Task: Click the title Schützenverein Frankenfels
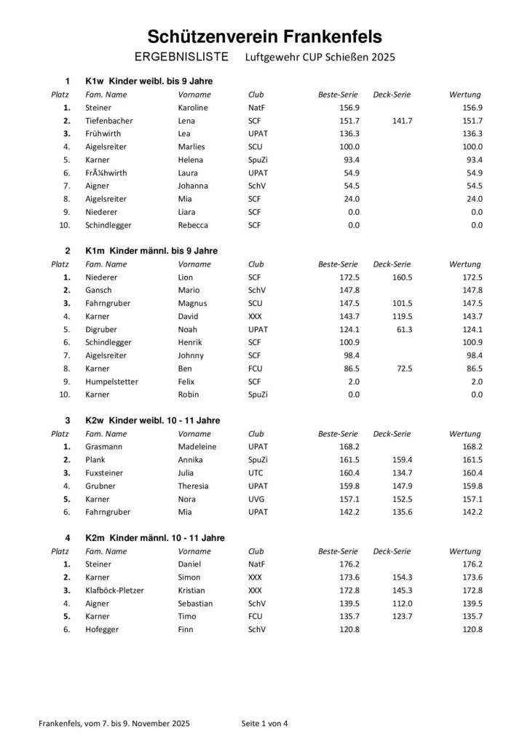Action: (264, 36)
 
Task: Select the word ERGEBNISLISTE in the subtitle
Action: (182, 57)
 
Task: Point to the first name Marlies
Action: (191, 147)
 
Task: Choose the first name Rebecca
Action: (193, 225)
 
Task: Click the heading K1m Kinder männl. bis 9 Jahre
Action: (151, 250)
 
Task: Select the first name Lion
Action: (186, 277)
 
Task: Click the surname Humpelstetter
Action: (111, 382)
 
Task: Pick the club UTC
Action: (256, 473)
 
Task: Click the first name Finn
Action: (186, 630)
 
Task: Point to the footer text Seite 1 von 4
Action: (265, 724)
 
